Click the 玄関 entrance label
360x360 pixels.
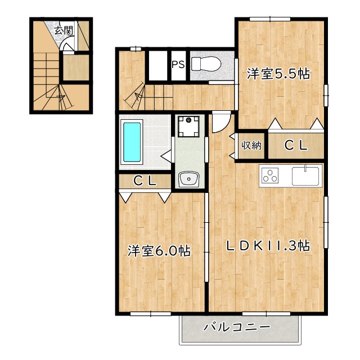point(64,30)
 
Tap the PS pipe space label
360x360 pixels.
point(178,65)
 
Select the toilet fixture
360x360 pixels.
point(206,64)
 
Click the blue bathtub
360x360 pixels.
point(132,142)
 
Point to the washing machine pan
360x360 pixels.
point(188,126)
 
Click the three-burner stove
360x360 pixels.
point(270,175)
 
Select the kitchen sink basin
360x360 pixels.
point(305,176)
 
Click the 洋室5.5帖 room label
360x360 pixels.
point(278,74)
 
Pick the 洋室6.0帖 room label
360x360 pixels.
point(159,251)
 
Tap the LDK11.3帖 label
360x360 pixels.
point(268,246)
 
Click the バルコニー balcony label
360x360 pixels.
point(237,327)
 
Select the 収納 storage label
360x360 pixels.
point(251,145)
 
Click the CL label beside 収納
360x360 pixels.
point(296,145)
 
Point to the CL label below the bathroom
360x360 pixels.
point(145,181)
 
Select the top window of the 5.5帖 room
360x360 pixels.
point(270,19)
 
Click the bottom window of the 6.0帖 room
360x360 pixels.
point(151,314)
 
